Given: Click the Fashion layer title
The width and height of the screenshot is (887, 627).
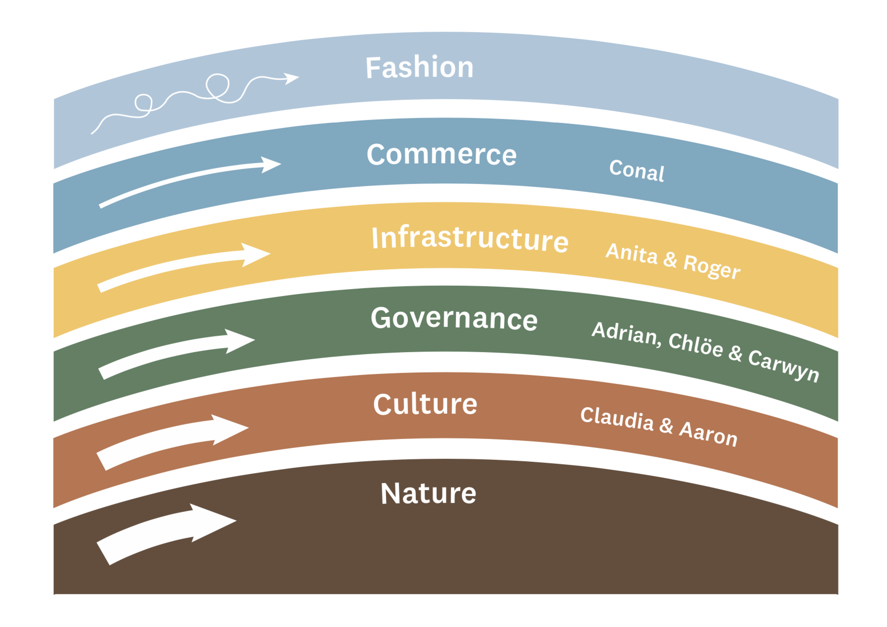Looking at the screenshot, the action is [420, 67].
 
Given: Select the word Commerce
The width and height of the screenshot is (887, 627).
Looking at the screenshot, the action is [442, 154].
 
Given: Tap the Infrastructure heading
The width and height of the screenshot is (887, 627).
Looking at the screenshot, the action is [470, 239].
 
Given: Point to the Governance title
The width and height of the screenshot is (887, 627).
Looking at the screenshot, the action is [454, 318].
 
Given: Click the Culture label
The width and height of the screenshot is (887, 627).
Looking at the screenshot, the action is [425, 404].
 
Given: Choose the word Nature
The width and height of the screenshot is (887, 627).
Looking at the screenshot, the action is [428, 494].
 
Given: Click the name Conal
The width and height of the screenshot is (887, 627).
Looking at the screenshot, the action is [636, 171].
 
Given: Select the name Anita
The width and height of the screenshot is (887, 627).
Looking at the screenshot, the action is [632, 253].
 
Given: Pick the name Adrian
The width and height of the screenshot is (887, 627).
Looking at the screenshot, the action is [626, 333].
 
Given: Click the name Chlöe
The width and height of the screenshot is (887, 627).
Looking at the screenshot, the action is [696, 344].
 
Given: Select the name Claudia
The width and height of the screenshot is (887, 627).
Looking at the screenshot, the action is [617, 419].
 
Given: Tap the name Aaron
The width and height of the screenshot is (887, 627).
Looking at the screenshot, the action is [708, 434].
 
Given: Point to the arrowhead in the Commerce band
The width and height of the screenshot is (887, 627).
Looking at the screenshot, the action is [271, 165].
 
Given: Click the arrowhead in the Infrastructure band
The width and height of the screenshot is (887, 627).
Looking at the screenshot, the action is [255, 254].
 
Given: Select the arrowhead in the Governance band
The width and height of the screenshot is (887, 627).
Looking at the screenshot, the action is [240, 341].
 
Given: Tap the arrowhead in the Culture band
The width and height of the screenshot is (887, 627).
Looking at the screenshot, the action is [230, 429].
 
